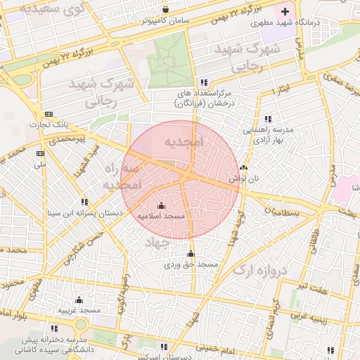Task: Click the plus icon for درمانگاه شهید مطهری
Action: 285,12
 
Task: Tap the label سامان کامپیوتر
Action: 166,21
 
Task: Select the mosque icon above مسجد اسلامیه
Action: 161,205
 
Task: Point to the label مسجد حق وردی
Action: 192,265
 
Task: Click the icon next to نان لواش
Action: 243,168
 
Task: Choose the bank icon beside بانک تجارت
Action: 48,114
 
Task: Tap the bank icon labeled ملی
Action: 40,153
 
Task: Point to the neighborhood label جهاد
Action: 159,242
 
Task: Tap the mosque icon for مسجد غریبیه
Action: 79,300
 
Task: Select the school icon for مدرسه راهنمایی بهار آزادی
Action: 267,120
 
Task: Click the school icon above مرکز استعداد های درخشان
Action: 204,82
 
